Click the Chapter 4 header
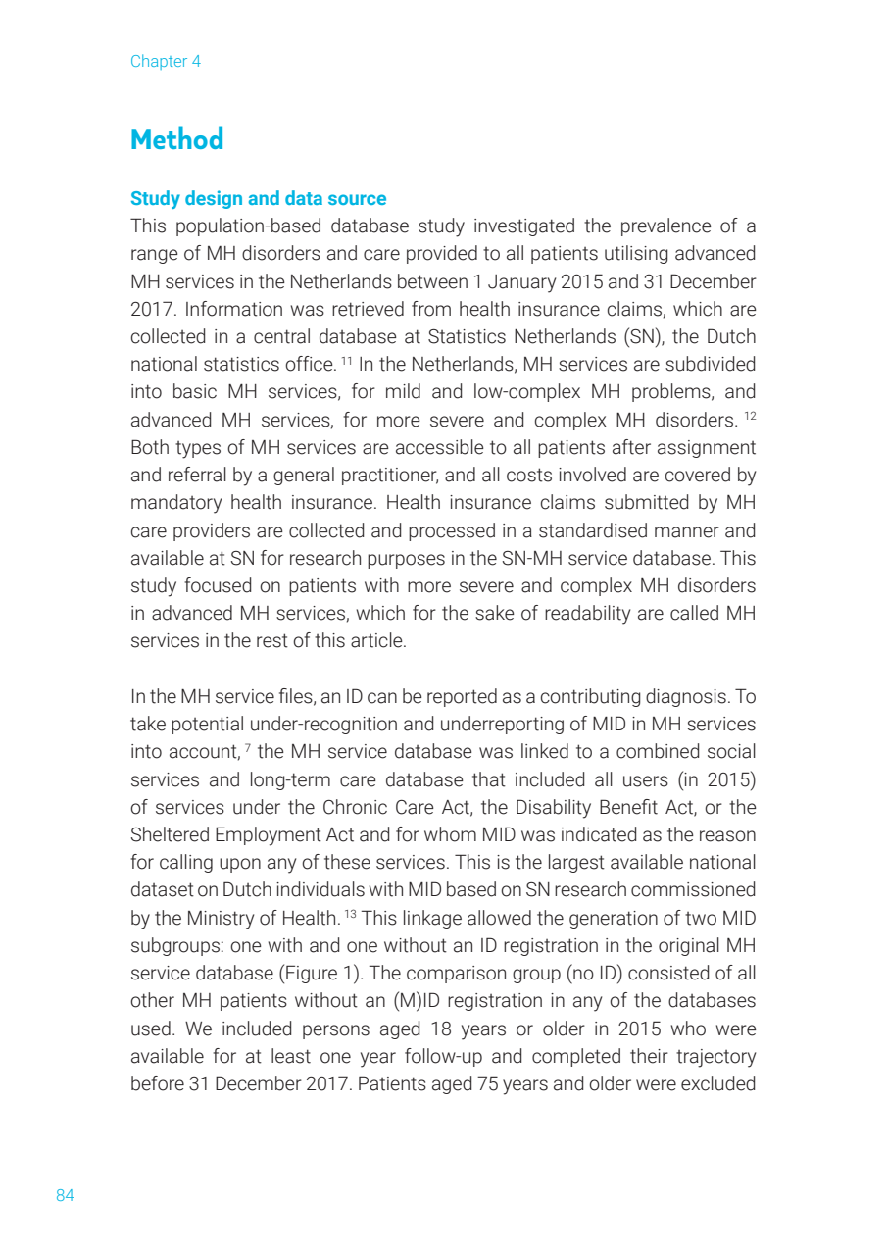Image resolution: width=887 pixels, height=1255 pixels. [165, 61]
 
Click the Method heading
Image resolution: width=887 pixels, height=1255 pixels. [176, 139]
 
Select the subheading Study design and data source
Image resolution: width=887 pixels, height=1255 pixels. [258, 199]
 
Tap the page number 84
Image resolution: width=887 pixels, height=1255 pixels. [65, 1195]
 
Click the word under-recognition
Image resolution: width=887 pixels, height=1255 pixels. [281, 725]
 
